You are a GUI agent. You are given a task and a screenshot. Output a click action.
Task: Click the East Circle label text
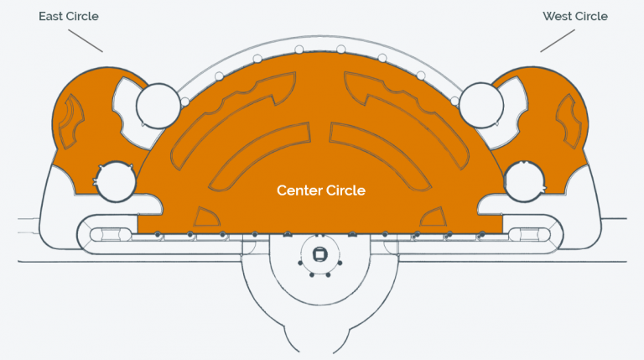(x=69, y=17)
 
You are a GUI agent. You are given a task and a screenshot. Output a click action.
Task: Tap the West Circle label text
(x=575, y=17)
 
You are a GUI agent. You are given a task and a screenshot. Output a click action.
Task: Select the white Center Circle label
(x=321, y=190)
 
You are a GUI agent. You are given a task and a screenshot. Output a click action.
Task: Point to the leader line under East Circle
(x=86, y=40)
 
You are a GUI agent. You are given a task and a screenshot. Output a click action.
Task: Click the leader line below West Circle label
(x=558, y=40)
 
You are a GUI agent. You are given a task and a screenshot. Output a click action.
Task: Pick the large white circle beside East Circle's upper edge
(x=158, y=106)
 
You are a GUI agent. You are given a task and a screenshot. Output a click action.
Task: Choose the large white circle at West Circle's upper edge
(x=481, y=105)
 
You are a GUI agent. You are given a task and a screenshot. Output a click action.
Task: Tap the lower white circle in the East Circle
(x=116, y=181)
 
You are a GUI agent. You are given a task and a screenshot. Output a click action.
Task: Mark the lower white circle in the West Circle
(x=524, y=181)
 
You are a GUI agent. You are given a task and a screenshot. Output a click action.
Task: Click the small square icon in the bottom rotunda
(x=319, y=254)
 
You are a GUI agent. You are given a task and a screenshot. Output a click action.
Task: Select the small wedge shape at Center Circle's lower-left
(x=206, y=217)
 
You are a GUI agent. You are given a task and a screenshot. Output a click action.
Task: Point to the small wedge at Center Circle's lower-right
(x=433, y=217)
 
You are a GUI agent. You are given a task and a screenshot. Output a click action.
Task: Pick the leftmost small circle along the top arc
(x=185, y=102)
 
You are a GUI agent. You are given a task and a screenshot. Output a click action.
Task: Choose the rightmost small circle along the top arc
(x=454, y=101)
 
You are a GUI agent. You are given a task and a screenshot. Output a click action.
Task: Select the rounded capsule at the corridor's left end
(x=106, y=235)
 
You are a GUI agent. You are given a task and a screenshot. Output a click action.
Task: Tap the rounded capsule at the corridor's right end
(x=530, y=235)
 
